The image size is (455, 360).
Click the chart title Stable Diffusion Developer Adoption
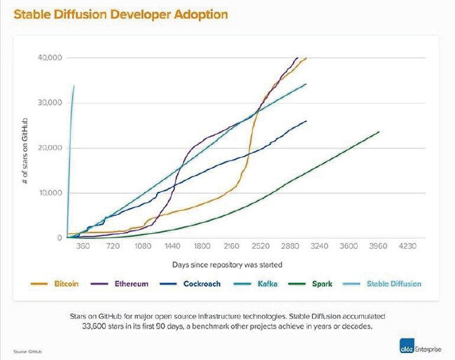[x=119, y=13]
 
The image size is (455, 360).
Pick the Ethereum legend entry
[x=130, y=284]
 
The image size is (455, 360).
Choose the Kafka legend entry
[x=267, y=284]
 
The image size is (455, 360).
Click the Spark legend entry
[x=322, y=284]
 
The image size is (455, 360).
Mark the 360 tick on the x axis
[x=83, y=247]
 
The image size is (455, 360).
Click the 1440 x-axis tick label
[x=172, y=247]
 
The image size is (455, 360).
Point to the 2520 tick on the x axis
[x=260, y=247]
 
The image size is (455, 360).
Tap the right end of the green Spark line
[x=379, y=132]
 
